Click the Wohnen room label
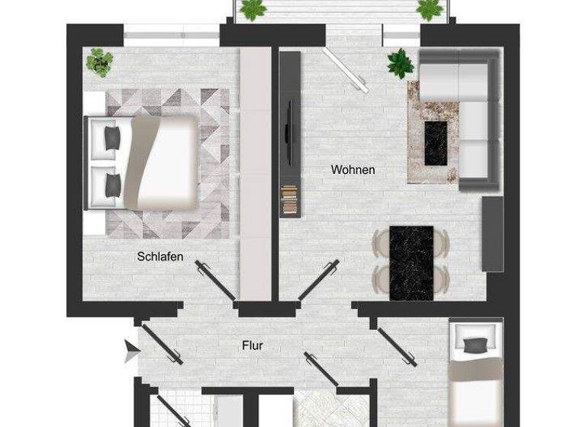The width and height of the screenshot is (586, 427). click(x=353, y=170)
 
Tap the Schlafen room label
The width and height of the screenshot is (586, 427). click(x=160, y=257)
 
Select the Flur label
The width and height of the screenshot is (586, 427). click(x=253, y=346)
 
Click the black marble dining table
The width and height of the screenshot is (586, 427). click(x=411, y=262)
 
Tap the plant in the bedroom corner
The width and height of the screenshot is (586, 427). click(x=99, y=61)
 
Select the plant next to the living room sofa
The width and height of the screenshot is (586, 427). click(x=400, y=64)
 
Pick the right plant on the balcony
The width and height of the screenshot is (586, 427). click(x=430, y=9)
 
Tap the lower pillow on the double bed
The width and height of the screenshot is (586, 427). click(x=112, y=184)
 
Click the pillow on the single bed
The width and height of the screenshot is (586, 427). click(x=475, y=345)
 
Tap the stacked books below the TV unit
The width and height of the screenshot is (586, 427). click(x=288, y=202)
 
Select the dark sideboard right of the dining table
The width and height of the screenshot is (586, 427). click(x=492, y=233)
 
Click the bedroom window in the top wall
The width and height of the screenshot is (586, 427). click(x=171, y=34)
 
